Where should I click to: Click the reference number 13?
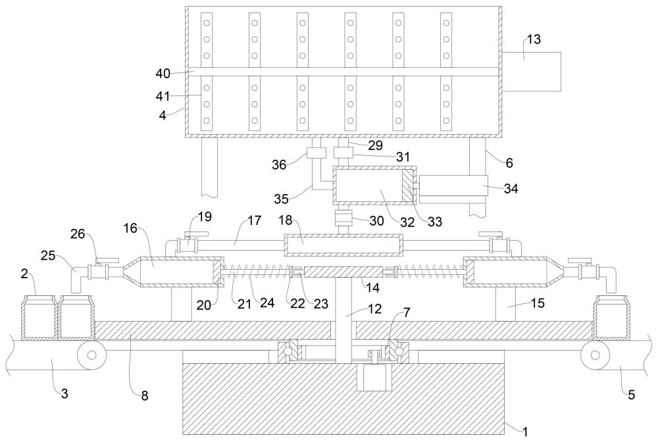pyautogui.click(x=534, y=39)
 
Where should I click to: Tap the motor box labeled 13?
pyautogui.click(x=531, y=71)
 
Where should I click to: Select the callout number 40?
pyautogui.click(x=163, y=74)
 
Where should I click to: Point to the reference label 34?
pyautogui.click(x=511, y=189)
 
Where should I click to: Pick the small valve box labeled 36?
pyautogui.click(x=316, y=153)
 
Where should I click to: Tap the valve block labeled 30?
pyautogui.click(x=343, y=218)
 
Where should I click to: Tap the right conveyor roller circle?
pyautogui.click(x=595, y=355)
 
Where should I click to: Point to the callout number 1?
pyautogui.click(x=524, y=431)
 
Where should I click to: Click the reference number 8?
pyautogui.click(x=144, y=395)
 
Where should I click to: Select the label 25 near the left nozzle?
pyautogui.click(x=49, y=255)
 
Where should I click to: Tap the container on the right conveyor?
pyautogui.click(x=611, y=318)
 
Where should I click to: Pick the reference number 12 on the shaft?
pyautogui.click(x=375, y=309)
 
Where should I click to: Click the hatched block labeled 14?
pyautogui.click(x=343, y=272)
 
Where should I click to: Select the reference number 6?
pyautogui.click(x=509, y=162)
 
